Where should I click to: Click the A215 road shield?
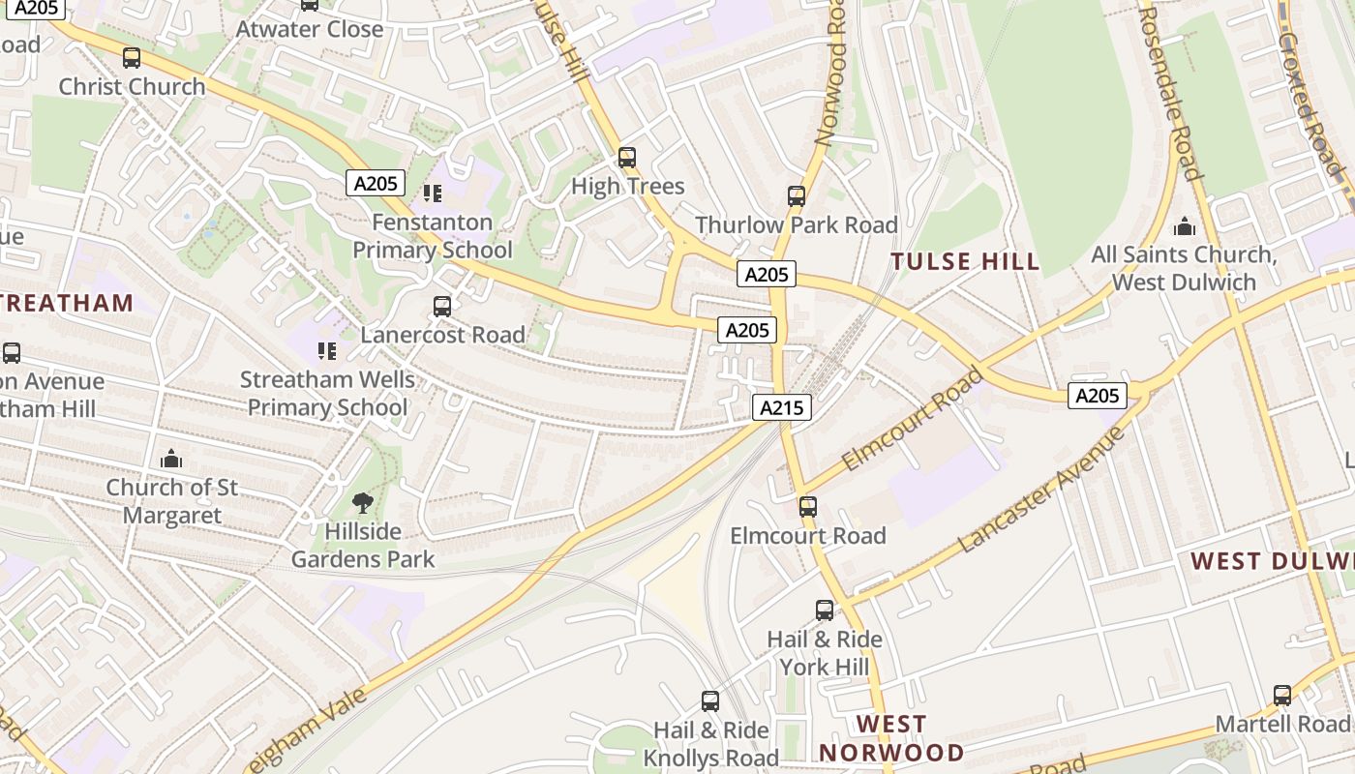[781, 407]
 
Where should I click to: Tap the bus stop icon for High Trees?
[627, 158]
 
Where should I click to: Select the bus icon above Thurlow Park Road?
[797, 196]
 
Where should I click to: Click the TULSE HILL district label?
[965, 261]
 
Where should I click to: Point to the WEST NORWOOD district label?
[891, 738]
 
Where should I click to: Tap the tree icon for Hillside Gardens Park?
[363, 502]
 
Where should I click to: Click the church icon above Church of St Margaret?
[171, 458]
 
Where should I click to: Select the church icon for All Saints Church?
[1184, 227]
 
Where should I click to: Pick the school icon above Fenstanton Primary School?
[433, 193]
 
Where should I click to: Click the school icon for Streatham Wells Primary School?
[327, 350]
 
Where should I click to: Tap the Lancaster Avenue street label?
[1041, 490]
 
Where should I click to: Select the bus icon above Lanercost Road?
[442, 307]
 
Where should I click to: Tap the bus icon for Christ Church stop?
[132, 58]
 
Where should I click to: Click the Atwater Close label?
[310, 29]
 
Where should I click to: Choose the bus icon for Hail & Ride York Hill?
[825, 610]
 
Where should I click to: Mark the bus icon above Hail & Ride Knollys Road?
[710, 701]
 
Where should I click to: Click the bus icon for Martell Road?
[1282, 695]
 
